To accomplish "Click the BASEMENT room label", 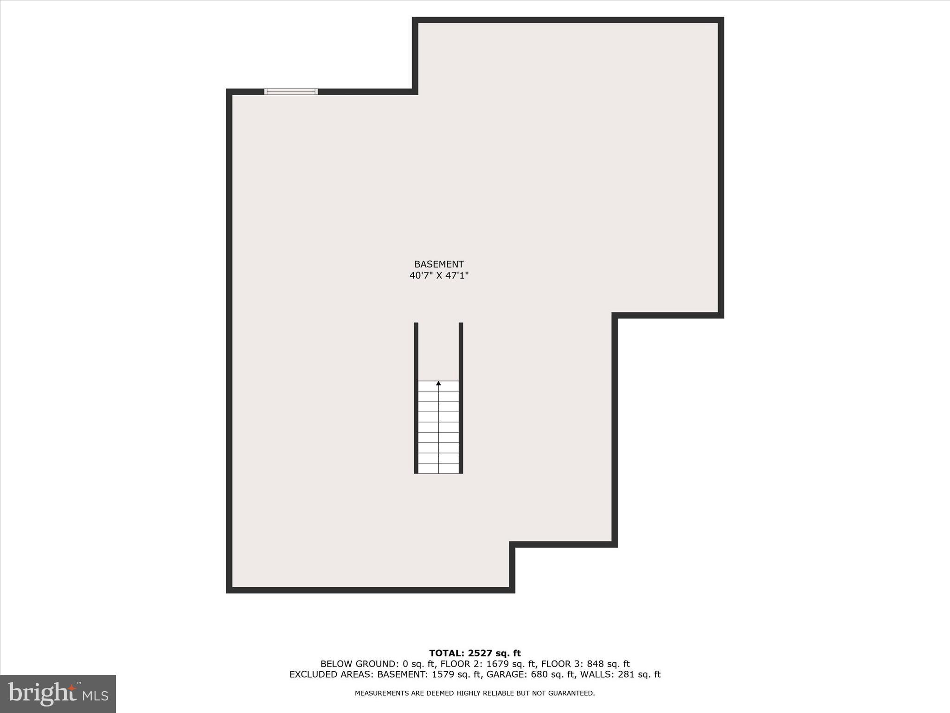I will tap(439, 264).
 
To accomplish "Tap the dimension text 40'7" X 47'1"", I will tap(439, 276).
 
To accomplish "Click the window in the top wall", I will tap(291, 91).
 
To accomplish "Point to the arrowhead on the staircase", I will tap(438, 383).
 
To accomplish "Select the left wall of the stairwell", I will tap(416, 398).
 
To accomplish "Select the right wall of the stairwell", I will tap(461, 398).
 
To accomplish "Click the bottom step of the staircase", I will tap(438, 468).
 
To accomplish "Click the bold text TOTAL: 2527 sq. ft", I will tap(475, 654).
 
